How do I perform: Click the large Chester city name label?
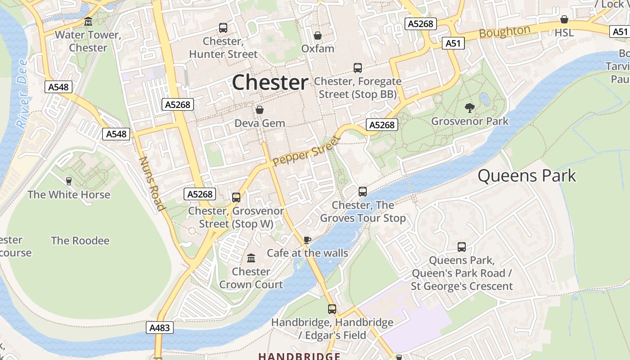coord(270,82)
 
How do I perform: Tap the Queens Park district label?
coord(526,175)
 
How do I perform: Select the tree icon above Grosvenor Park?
coord(470,108)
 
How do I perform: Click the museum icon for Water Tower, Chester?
coord(88,22)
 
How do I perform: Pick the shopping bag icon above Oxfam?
coord(318,35)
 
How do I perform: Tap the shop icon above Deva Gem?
coord(260,110)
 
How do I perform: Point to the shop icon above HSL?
coord(564,19)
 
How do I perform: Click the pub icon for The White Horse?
coord(69,181)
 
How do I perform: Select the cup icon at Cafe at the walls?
coord(307,239)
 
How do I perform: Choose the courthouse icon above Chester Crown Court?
coord(251,258)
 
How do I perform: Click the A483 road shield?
coord(160,328)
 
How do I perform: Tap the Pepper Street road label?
coord(305,152)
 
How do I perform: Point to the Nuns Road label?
coord(151,184)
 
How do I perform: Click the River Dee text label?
coord(22,93)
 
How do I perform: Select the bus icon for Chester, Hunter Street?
coord(223,28)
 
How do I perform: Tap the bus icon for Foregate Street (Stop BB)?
coord(358,68)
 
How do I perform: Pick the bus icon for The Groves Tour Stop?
coord(363,192)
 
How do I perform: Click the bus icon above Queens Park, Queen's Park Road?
coord(462,247)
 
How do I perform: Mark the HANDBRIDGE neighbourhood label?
coord(299,356)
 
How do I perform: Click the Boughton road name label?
coord(504,32)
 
